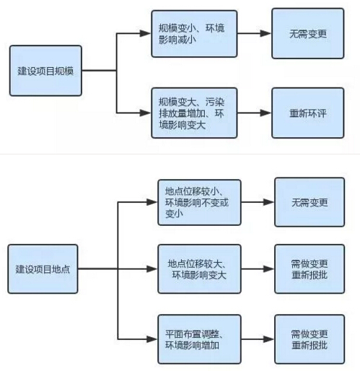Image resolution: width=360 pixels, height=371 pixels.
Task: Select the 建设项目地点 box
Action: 43,269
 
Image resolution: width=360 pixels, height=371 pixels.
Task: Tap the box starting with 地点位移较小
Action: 200,203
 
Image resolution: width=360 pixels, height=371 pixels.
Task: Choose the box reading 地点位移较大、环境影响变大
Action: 200,269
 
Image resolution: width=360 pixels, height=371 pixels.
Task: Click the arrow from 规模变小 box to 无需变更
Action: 253,33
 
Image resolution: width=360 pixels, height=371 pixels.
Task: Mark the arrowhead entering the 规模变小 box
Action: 146,33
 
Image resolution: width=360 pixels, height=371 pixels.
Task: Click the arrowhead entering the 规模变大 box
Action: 146,113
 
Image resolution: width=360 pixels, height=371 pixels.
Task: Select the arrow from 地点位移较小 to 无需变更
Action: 258,203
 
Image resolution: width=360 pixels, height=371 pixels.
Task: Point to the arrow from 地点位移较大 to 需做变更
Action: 258,269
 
